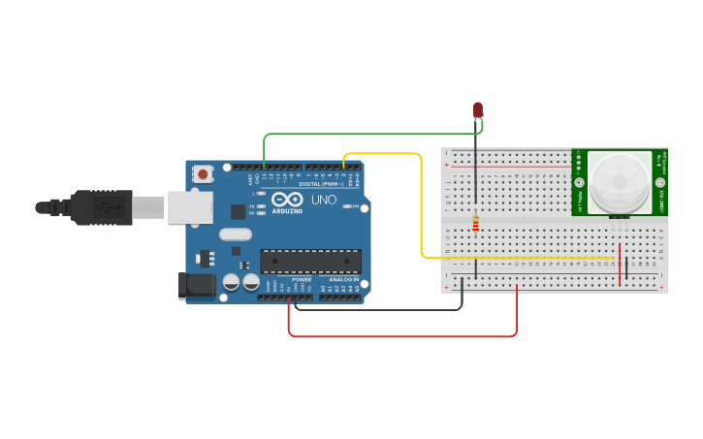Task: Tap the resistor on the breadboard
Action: (x=475, y=225)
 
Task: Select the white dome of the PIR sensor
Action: (x=620, y=181)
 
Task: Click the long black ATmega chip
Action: (x=310, y=261)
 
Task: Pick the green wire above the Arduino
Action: (x=368, y=134)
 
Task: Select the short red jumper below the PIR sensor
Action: (x=619, y=266)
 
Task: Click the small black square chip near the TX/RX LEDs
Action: (x=238, y=211)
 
